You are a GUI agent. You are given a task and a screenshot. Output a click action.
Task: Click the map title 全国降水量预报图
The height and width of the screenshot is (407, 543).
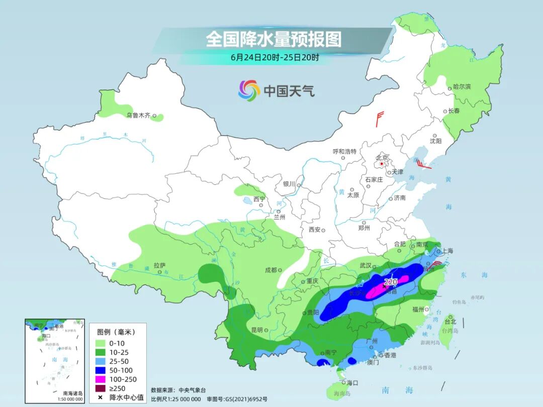click(x=274, y=39)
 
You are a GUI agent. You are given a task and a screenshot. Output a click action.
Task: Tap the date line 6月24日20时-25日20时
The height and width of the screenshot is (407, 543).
click(x=275, y=57)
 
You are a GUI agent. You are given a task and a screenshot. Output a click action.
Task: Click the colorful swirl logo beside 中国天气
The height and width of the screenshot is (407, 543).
click(x=248, y=90)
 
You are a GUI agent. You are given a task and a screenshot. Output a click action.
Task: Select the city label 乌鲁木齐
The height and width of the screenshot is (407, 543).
click(x=138, y=116)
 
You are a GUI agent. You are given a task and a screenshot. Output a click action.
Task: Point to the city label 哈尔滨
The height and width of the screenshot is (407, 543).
click(x=462, y=87)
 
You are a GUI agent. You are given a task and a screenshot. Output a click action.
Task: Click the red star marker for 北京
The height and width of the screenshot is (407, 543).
click(x=382, y=164)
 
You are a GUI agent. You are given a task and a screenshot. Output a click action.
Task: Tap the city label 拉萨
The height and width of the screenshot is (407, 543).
click(x=159, y=265)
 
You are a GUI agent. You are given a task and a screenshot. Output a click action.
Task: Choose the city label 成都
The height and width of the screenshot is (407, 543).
click(x=271, y=270)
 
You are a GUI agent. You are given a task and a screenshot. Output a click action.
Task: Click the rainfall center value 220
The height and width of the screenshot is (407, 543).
click(x=391, y=282)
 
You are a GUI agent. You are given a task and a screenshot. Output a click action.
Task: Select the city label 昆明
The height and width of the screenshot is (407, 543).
click(x=256, y=330)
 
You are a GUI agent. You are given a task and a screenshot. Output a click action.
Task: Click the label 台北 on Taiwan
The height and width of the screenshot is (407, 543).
click(x=450, y=321)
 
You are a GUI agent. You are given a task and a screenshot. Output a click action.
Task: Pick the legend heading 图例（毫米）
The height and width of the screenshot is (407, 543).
click(x=116, y=332)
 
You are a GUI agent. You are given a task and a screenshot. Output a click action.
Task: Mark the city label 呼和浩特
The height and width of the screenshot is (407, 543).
click(x=344, y=151)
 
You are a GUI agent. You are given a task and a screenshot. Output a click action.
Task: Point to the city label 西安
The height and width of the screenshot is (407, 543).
click(x=315, y=230)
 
